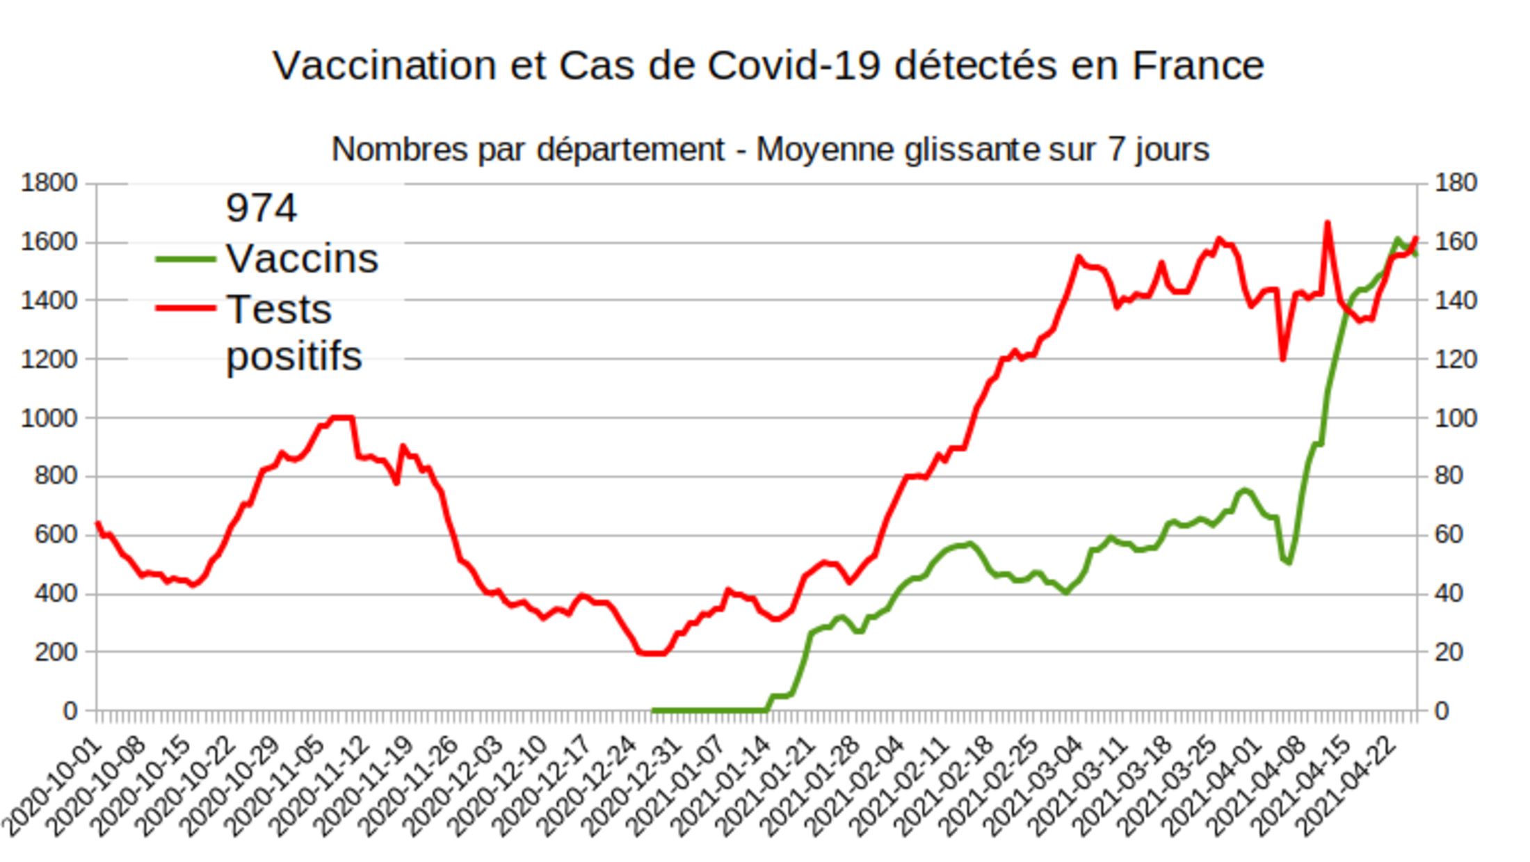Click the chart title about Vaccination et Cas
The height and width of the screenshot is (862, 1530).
point(768,66)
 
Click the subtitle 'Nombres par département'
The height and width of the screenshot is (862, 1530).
point(770,150)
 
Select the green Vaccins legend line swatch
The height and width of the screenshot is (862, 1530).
point(185,260)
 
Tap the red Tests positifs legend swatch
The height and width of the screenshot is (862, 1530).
point(185,308)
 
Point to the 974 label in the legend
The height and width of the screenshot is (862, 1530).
point(261,208)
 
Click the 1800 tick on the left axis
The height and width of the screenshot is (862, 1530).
point(49,183)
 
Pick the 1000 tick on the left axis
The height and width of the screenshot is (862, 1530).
point(49,418)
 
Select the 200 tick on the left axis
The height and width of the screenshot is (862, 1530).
point(56,653)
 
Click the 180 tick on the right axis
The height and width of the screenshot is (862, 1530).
point(1455,183)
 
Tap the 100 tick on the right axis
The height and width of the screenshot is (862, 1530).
point(1455,418)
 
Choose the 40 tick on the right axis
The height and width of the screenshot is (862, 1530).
point(1448,594)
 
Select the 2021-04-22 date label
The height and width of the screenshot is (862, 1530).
point(1349,786)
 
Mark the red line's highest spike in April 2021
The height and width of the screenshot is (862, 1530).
point(1327,223)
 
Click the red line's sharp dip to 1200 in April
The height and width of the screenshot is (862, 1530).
point(1282,358)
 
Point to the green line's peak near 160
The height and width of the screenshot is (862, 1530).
point(1397,240)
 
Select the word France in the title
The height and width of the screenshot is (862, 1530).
point(1198,66)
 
